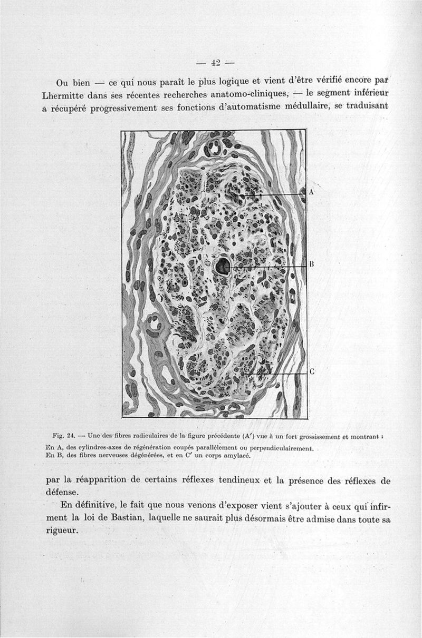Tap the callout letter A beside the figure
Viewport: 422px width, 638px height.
[311, 192]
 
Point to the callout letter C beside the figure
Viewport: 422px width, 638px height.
[311, 371]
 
